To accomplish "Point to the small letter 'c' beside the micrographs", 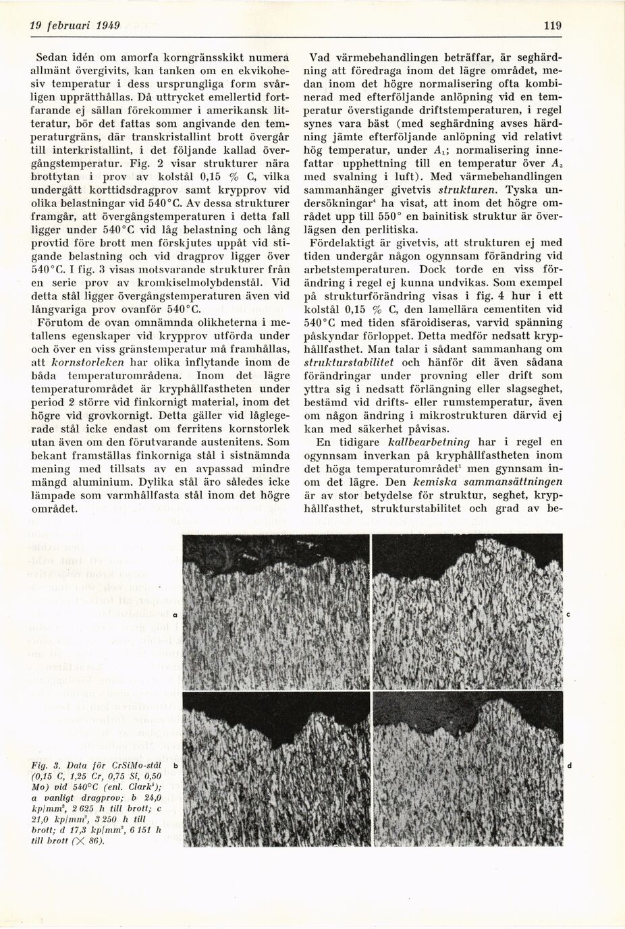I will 568,615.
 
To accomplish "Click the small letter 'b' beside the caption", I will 174,766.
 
